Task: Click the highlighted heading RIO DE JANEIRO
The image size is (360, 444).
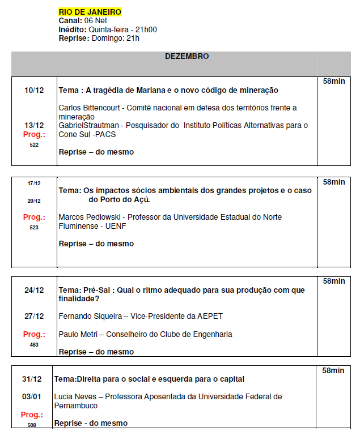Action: [x=90, y=12]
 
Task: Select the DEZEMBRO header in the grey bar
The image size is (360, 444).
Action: [x=187, y=57]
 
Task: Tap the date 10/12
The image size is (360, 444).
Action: [x=34, y=90]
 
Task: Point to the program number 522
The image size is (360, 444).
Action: [x=34, y=145]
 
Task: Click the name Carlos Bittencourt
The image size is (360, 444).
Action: [x=90, y=108]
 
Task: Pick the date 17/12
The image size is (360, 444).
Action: [x=34, y=183]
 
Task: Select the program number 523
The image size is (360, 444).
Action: [x=34, y=227]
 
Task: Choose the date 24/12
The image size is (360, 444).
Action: [x=34, y=290]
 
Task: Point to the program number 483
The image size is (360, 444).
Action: [x=34, y=344]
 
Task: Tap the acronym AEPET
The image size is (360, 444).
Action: [x=203, y=316]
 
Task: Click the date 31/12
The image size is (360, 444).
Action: [x=32, y=379]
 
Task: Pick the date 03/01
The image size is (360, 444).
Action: [x=32, y=396]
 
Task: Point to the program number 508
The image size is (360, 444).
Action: [x=32, y=425]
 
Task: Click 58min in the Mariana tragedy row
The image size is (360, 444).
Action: [x=334, y=82]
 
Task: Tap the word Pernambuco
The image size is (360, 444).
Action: [x=75, y=405]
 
